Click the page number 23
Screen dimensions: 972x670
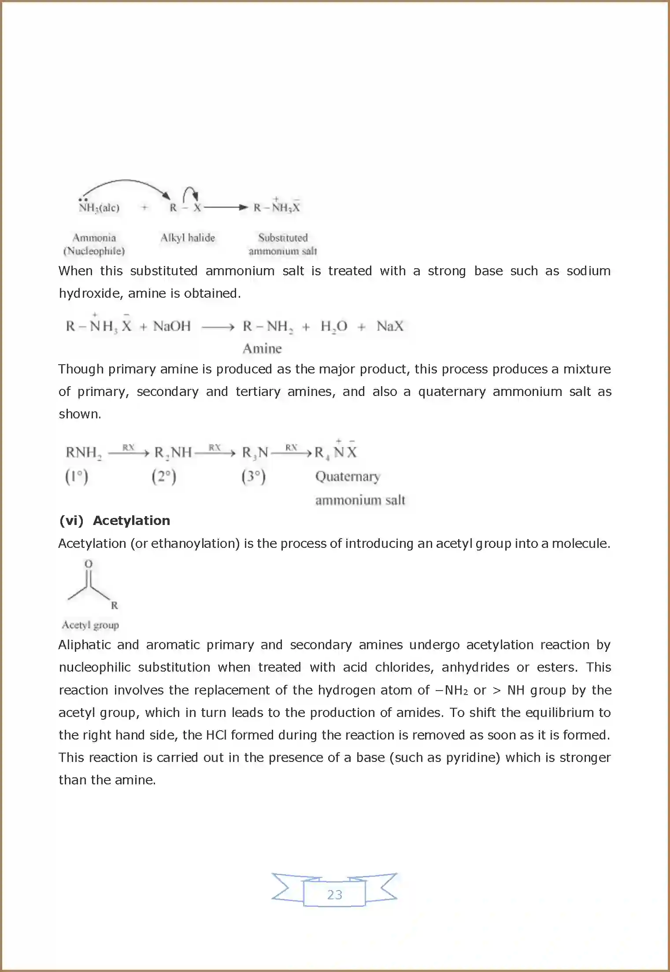click(334, 894)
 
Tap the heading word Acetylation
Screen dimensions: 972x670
click(131, 521)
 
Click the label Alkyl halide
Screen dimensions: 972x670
click(187, 238)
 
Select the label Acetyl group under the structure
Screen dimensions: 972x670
click(90, 625)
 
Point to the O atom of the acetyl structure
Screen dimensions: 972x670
click(89, 564)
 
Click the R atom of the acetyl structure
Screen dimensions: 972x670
click(115, 606)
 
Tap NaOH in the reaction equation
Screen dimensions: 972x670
click(172, 326)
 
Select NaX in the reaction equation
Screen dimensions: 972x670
click(390, 326)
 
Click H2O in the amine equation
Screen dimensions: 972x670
click(333, 327)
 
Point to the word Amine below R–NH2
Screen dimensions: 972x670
click(262, 349)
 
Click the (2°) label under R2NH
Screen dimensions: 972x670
click(164, 477)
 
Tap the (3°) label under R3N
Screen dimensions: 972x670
click(253, 477)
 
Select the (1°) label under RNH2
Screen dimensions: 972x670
click(77, 477)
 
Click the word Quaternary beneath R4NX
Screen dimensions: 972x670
click(348, 477)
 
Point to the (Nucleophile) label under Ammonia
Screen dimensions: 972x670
click(94, 251)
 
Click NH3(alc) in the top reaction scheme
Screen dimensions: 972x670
click(99, 208)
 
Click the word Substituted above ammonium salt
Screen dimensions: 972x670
click(283, 238)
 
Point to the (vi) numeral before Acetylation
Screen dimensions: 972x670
click(71, 521)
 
